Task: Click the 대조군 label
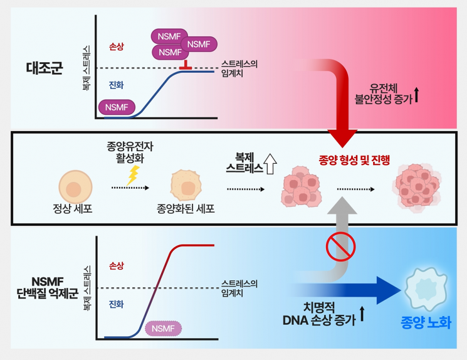click(45, 68)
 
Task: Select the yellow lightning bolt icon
click(132, 175)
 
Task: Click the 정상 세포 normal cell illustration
click(75, 187)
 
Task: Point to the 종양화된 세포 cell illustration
click(186, 186)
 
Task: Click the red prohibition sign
click(341, 246)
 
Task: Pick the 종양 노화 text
click(426, 323)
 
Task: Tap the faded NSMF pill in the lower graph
click(163, 329)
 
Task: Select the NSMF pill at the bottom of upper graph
click(117, 107)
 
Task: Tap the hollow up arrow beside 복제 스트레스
click(270, 164)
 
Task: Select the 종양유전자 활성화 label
click(130, 151)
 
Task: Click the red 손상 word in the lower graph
click(117, 266)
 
